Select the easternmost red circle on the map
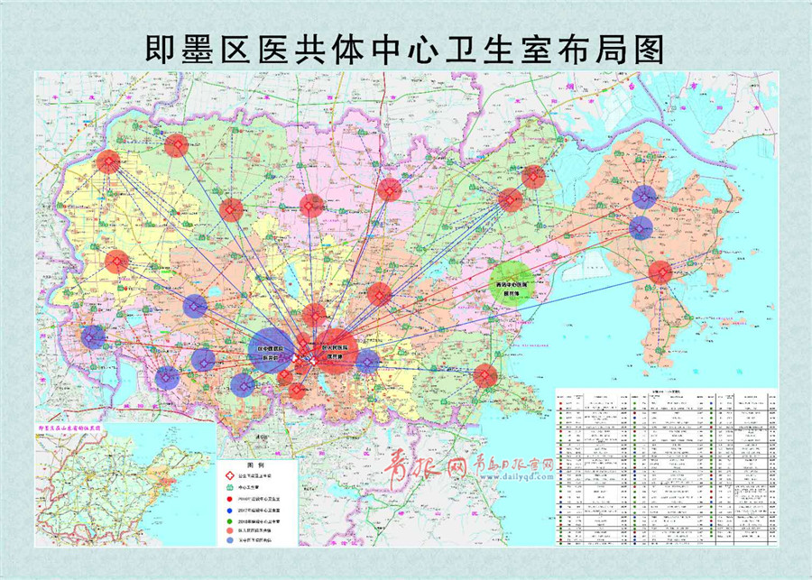point(660,272)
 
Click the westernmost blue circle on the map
point(94,337)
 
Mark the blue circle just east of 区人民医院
point(367,363)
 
